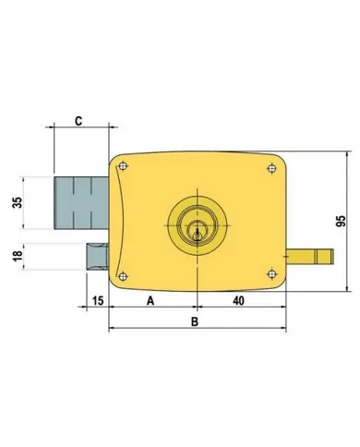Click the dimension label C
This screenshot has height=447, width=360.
click(x=79, y=120)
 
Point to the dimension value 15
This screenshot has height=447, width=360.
click(x=96, y=300)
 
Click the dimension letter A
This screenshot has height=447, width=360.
click(x=150, y=300)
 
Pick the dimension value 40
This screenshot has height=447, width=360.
click(x=239, y=300)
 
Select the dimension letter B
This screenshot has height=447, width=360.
click(x=194, y=321)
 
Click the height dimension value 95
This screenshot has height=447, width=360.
click(x=341, y=223)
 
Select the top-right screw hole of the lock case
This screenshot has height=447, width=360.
click(x=270, y=167)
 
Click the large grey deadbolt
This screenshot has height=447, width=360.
click(x=76, y=202)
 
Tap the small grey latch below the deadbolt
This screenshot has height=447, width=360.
click(x=96, y=254)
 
